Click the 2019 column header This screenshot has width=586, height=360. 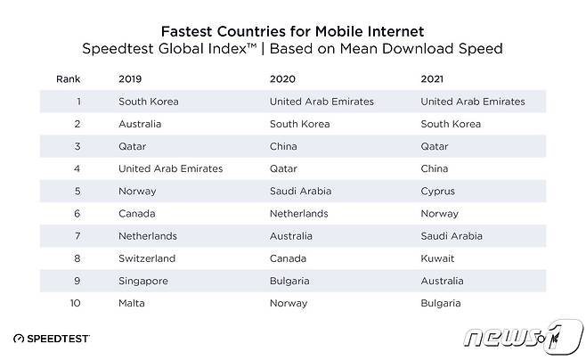tap(129, 78)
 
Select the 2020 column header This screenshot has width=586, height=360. tap(281, 78)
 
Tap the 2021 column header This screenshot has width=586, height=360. tap(432, 78)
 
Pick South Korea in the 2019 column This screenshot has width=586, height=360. tap(148, 102)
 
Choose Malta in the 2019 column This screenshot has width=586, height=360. tap(132, 304)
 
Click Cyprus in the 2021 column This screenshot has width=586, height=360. tap(438, 192)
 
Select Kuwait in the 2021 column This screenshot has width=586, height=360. tap(438, 258)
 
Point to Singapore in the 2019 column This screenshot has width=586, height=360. tap(143, 282)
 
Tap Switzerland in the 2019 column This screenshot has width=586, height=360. tap(147, 258)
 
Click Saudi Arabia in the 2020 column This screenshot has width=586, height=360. tap(299, 192)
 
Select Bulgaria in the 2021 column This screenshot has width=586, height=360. tap(442, 304)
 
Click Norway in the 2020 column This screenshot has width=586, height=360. tap(288, 304)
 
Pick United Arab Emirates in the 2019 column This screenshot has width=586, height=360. tap(170, 168)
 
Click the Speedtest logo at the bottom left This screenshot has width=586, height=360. tap(57, 339)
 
